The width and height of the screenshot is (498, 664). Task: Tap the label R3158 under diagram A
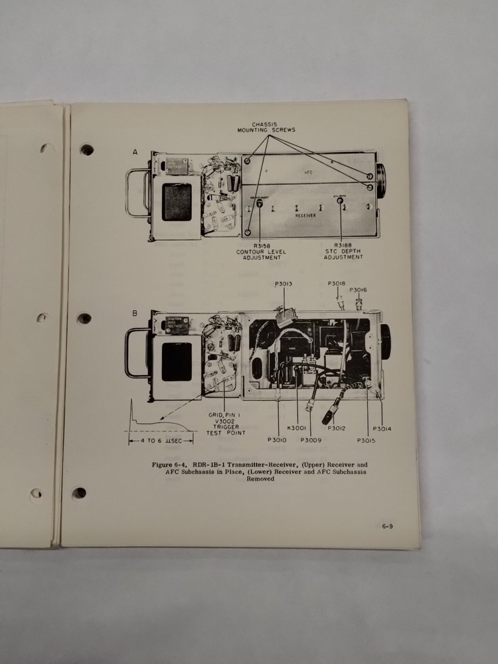click(248, 245)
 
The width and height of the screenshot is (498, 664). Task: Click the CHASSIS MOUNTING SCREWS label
click(266, 126)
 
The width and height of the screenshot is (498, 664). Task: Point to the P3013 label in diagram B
click(284, 284)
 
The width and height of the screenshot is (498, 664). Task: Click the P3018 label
click(337, 284)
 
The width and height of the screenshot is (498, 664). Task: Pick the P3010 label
click(277, 440)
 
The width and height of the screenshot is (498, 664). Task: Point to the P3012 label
click(337, 428)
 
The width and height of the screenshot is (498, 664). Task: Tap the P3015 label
click(366, 440)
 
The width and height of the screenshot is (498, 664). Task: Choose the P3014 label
click(382, 428)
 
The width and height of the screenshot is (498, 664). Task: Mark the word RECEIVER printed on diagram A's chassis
click(305, 216)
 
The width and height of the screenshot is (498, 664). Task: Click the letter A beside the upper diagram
click(135, 153)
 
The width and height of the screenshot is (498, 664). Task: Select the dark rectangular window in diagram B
click(177, 362)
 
